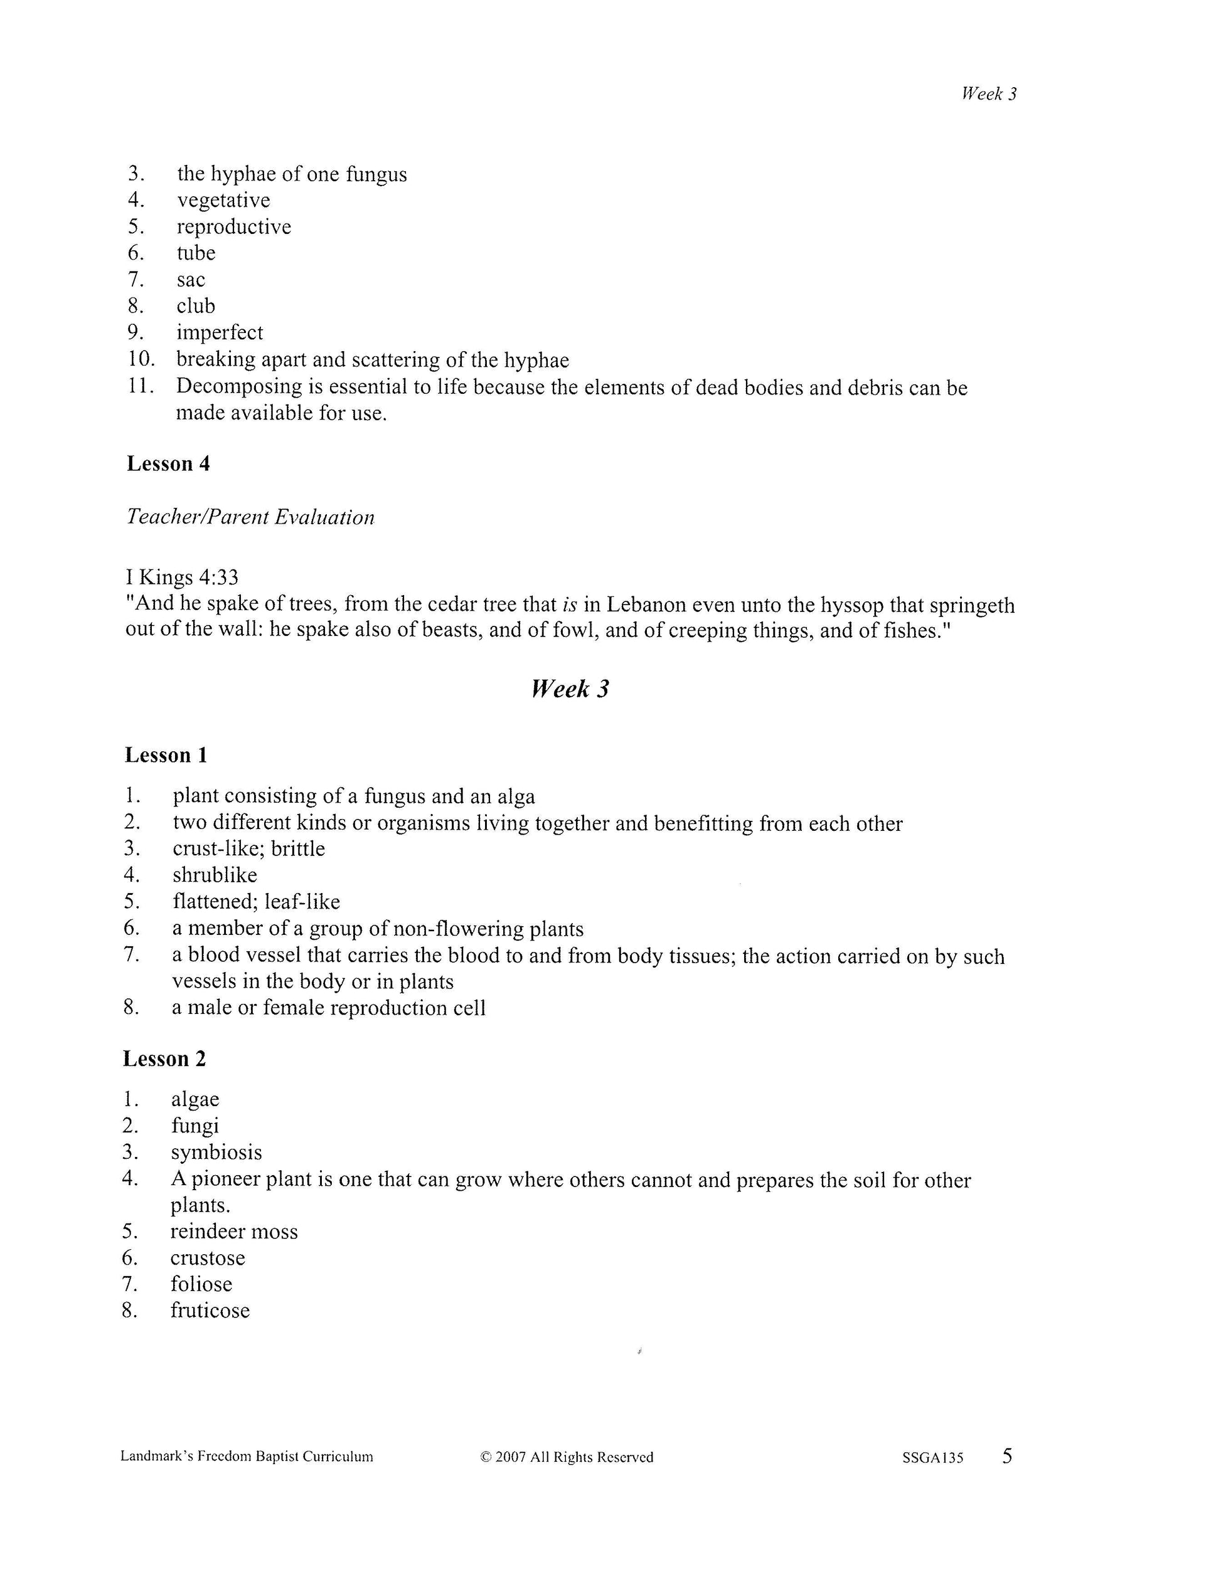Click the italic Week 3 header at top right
pyautogui.click(x=988, y=93)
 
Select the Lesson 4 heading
pyautogui.click(x=168, y=463)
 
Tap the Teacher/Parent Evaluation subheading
pyautogui.click(x=250, y=517)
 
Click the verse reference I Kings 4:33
pyautogui.click(x=181, y=577)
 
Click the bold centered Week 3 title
pyautogui.click(x=570, y=689)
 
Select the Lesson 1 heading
pyautogui.click(x=166, y=755)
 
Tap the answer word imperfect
pyautogui.click(x=220, y=332)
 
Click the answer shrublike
pyautogui.click(x=215, y=875)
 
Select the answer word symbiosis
pyautogui.click(x=216, y=1152)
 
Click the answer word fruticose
pyautogui.click(x=210, y=1310)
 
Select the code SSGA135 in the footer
pyautogui.click(x=932, y=1457)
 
